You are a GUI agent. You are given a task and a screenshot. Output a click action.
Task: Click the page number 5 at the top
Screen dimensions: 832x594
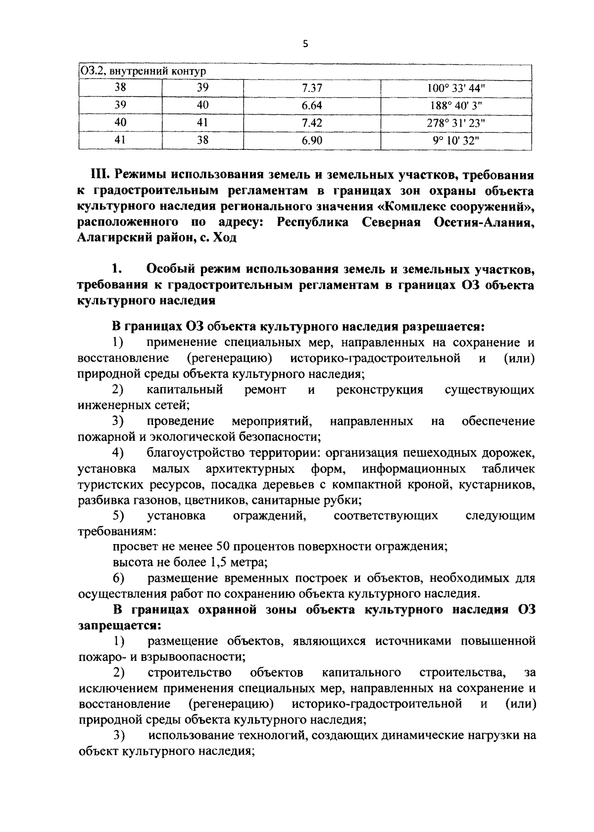(305, 44)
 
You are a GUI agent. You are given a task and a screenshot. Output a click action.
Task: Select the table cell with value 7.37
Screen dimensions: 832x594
(312, 88)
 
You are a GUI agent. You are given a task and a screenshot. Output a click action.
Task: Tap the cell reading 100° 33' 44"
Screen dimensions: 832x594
(456, 88)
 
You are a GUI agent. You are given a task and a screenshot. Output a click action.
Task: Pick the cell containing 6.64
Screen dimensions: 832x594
(312, 105)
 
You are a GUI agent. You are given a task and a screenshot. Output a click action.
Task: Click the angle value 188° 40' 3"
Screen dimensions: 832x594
(456, 105)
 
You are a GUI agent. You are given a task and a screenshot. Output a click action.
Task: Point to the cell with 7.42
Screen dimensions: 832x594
(312, 123)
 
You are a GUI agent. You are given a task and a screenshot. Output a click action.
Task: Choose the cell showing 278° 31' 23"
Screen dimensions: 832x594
(456, 123)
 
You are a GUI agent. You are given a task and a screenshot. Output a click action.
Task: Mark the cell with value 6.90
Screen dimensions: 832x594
(312, 140)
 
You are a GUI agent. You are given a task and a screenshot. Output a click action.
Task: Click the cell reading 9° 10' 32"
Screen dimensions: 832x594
(456, 140)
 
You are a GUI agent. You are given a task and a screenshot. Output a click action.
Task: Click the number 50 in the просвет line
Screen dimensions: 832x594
(223, 547)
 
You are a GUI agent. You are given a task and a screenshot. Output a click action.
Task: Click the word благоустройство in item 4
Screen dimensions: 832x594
(193, 453)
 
